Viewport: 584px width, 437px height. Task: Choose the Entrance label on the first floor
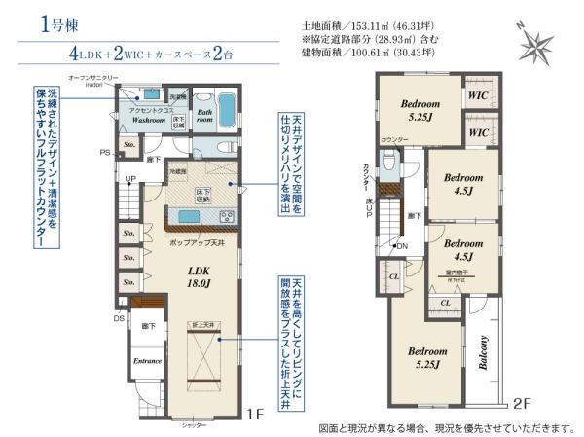pos(147,361)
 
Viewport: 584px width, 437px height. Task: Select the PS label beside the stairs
pos(104,153)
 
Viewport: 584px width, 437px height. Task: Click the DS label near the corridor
pos(119,318)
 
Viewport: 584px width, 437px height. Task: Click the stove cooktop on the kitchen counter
pos(224,216)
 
